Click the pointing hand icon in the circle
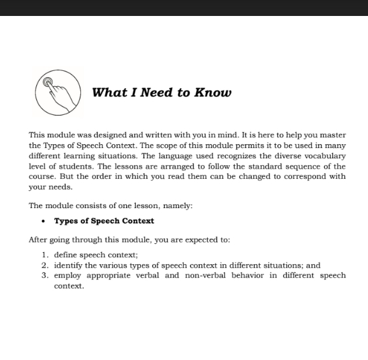57,91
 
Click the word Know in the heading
213,93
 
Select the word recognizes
223,156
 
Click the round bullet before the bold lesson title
43,221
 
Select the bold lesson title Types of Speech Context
104,221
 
